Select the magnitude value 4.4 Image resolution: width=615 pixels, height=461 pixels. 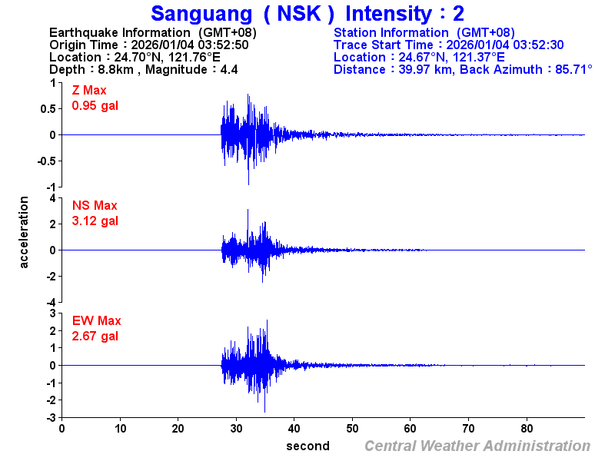pyautogui.click(x=228, y=69)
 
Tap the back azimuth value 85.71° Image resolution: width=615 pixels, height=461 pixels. pyautogui.click(x=568, y=69)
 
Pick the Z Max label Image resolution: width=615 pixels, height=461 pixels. pyautogui.click(x=89, y=91)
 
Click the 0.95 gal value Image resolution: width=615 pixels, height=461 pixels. pyautogui.click(x=95, y=105)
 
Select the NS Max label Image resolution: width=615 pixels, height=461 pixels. pyautogui.click(x=95, y=206)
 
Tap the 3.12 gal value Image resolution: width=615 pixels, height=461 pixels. pyautogui.click(x=95, y=221)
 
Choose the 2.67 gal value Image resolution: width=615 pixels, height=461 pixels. pyautogui.click(x=95, y=336)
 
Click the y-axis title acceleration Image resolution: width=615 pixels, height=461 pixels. pyautogui.click(x=24, y=232)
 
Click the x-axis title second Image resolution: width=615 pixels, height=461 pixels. pyautogui.click(x=307, y=446)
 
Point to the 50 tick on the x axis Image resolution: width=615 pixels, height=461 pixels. pyautogui.click(x=352, y=429)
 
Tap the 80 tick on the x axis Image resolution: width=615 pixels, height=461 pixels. pyautogui.click(x=527, y=429)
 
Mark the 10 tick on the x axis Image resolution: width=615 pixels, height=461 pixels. pyautogui.click(x=120, y=429)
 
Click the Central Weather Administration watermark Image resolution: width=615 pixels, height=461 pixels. pyautogui.click(x=477, y=446)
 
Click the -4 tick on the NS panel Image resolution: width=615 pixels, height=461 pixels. pyautogui.click(x=52, y=301)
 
